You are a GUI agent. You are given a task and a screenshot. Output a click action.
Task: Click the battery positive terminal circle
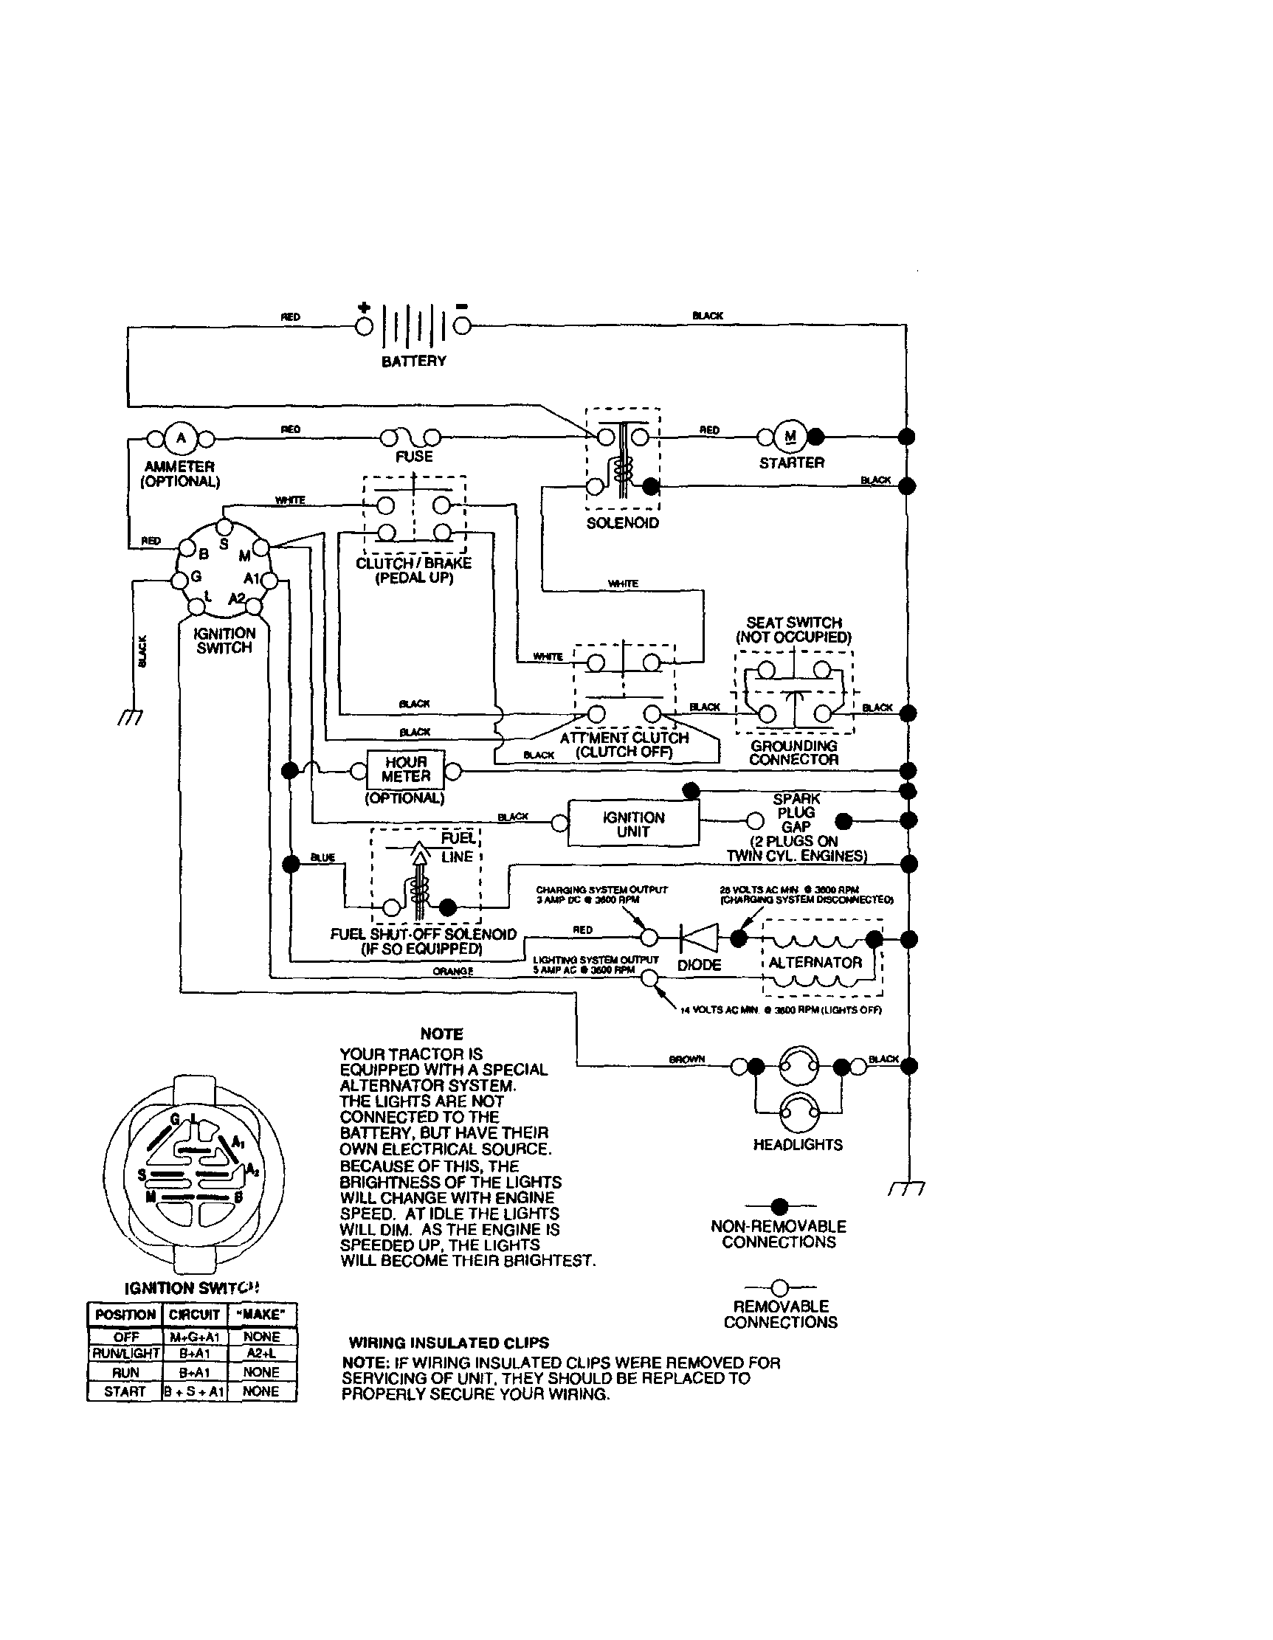click(x=365, y=327)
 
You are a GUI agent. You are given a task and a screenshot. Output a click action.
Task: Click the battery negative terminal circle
click(x=463, y=326)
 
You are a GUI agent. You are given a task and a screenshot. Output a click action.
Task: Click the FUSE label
click(x=414, y=456)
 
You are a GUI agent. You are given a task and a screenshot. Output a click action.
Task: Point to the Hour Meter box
click(x=406, y=769)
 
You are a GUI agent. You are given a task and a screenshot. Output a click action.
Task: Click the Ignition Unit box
click(x=633, y=824)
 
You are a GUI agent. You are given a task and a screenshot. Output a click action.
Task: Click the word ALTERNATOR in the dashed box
click(x=815, y=962)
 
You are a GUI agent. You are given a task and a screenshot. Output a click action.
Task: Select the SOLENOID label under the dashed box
click(x=623, y=522)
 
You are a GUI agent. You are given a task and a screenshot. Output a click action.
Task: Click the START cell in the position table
click(x=125, y=1391)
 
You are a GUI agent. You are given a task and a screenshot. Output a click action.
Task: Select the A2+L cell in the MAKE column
click(x=261, y=1352)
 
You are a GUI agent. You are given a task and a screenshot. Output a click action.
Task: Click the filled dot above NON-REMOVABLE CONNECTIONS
click(x=779, y=1206)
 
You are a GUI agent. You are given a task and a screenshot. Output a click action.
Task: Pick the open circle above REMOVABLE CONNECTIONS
click(x=779, y=1288)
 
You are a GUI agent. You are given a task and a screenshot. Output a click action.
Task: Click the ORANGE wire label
click(x=453, y=971)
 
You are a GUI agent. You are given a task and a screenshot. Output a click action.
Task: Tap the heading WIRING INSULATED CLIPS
click(x=449, y=1342)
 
